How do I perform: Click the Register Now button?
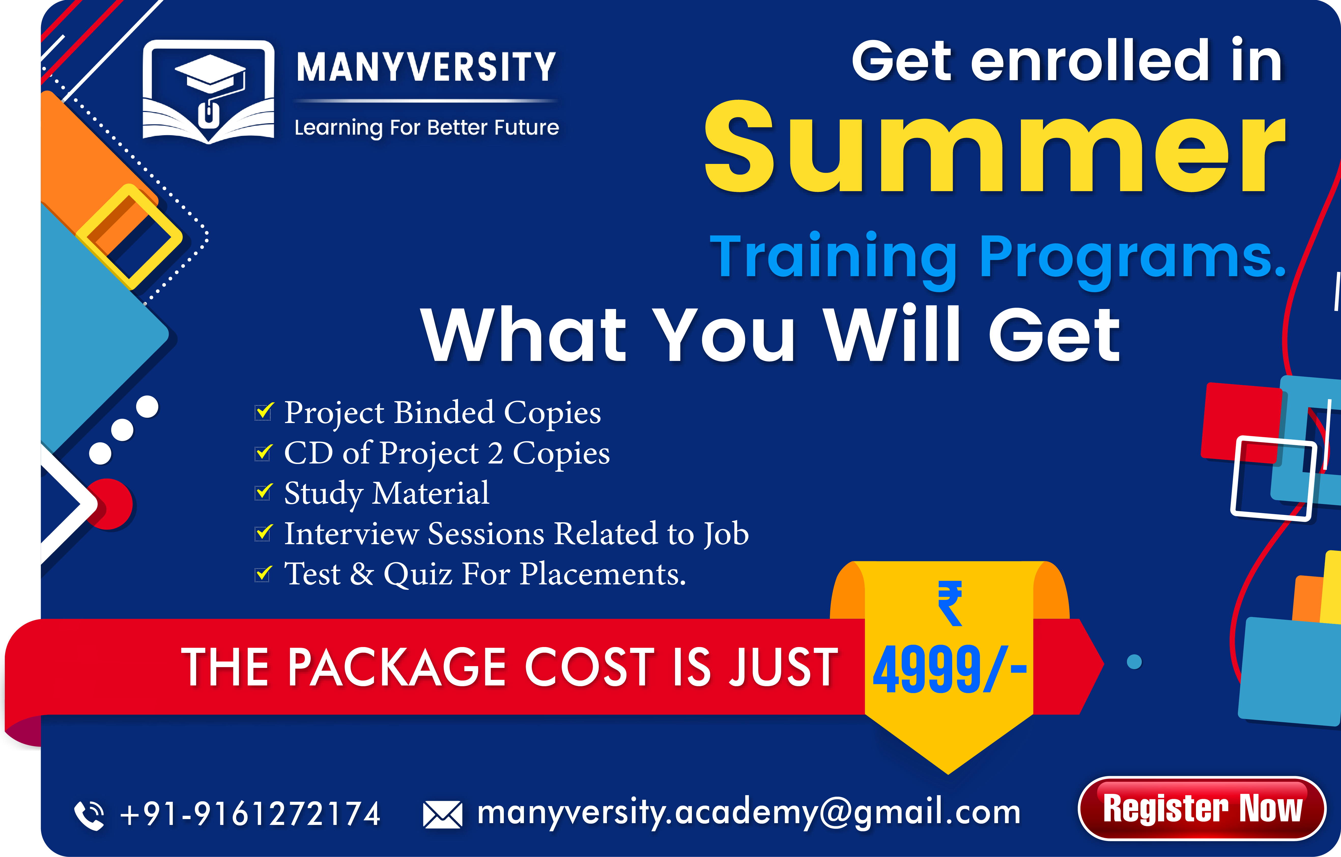pos(1202,808)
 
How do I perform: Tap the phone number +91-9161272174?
pos(250,813)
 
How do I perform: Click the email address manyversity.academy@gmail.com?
pos(749,812)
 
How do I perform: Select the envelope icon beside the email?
pos(442,815)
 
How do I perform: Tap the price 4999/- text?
pos(949,669)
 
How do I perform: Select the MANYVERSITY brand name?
pos(426,67)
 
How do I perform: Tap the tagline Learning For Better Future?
pos(426,128)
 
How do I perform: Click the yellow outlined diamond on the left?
pos(129,237)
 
